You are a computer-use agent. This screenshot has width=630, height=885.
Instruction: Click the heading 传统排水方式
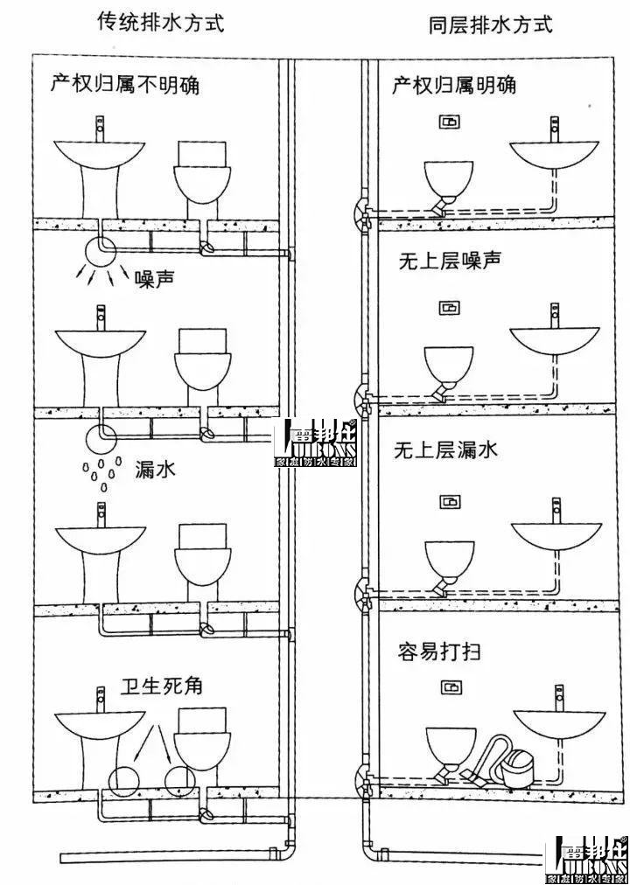click(160, 23)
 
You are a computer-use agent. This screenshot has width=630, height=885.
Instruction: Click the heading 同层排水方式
click(491, 24)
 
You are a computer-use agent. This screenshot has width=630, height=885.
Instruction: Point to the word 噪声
click(156, 279)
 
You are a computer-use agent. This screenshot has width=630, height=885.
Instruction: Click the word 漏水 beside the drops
click(156, 470)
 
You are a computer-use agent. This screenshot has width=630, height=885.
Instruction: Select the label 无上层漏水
click(447, 450)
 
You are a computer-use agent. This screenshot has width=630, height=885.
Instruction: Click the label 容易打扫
click(439, 652)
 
